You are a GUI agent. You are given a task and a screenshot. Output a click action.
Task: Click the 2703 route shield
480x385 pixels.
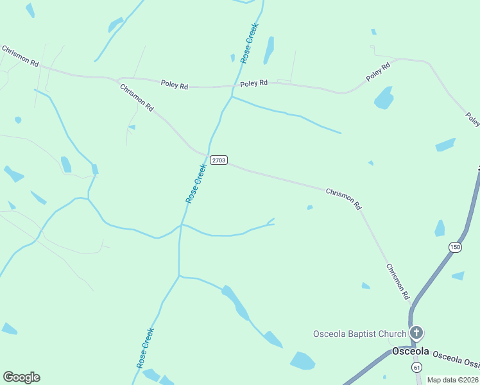(218, 160)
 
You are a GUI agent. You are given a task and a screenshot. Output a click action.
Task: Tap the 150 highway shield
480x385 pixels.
(455, 247)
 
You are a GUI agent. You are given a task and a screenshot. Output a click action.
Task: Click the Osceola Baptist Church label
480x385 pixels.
(359, 334)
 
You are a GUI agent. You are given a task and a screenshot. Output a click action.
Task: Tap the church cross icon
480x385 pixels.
(416, 332)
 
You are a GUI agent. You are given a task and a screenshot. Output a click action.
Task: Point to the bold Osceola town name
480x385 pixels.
(410, 352)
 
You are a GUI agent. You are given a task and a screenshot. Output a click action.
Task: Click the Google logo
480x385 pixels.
(21, 377)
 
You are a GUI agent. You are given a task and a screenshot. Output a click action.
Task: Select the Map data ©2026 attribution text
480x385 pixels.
(453, 380)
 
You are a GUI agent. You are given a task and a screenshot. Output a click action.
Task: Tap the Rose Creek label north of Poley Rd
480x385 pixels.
(249, 43)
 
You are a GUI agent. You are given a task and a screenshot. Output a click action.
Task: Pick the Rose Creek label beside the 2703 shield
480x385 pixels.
(196, 184)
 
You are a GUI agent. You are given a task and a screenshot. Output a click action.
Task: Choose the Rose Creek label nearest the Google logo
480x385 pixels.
(146, 348)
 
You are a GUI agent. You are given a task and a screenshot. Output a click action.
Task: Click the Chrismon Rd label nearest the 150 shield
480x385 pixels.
(397, 282)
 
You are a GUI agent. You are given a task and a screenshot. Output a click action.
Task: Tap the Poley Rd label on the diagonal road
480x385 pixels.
(378, 71)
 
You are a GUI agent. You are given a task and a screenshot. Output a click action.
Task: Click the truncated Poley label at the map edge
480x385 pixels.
(473, 119)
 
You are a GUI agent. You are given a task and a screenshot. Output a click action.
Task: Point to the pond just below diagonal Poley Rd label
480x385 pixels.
(384, 98)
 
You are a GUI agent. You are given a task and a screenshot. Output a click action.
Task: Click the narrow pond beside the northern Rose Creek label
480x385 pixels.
(269, 50)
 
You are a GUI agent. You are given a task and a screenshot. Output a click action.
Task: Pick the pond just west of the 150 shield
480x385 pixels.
(440, 228)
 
